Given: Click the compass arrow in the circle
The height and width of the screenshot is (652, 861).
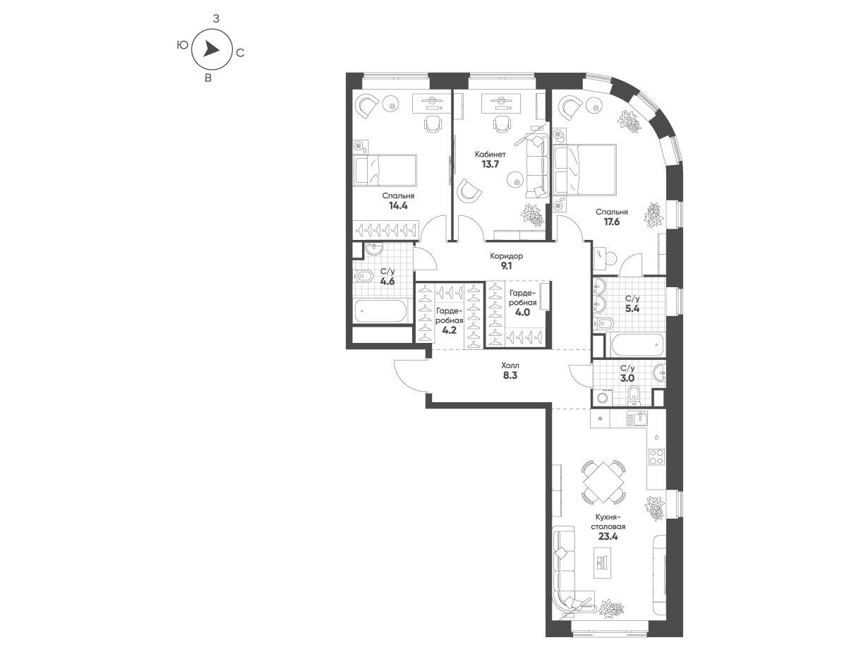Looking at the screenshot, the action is pos(211,50).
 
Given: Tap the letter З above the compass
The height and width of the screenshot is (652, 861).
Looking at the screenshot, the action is pos(216,18).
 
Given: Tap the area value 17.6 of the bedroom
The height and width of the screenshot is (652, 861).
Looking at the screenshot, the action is pos(612,222).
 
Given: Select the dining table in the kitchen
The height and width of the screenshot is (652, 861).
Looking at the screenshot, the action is pos(603,482).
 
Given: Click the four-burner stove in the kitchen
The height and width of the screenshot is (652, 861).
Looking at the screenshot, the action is pos(656,457).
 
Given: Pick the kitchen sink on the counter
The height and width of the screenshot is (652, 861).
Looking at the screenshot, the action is pos(637,418).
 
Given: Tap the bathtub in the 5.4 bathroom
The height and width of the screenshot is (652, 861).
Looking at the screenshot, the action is pos(634,344).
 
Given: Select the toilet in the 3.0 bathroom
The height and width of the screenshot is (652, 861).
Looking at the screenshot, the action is pos(633,395).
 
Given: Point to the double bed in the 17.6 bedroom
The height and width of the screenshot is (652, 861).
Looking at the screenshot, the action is pos(584,169).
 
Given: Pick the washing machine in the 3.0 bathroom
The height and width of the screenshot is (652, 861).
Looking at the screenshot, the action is pos(602,397).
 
